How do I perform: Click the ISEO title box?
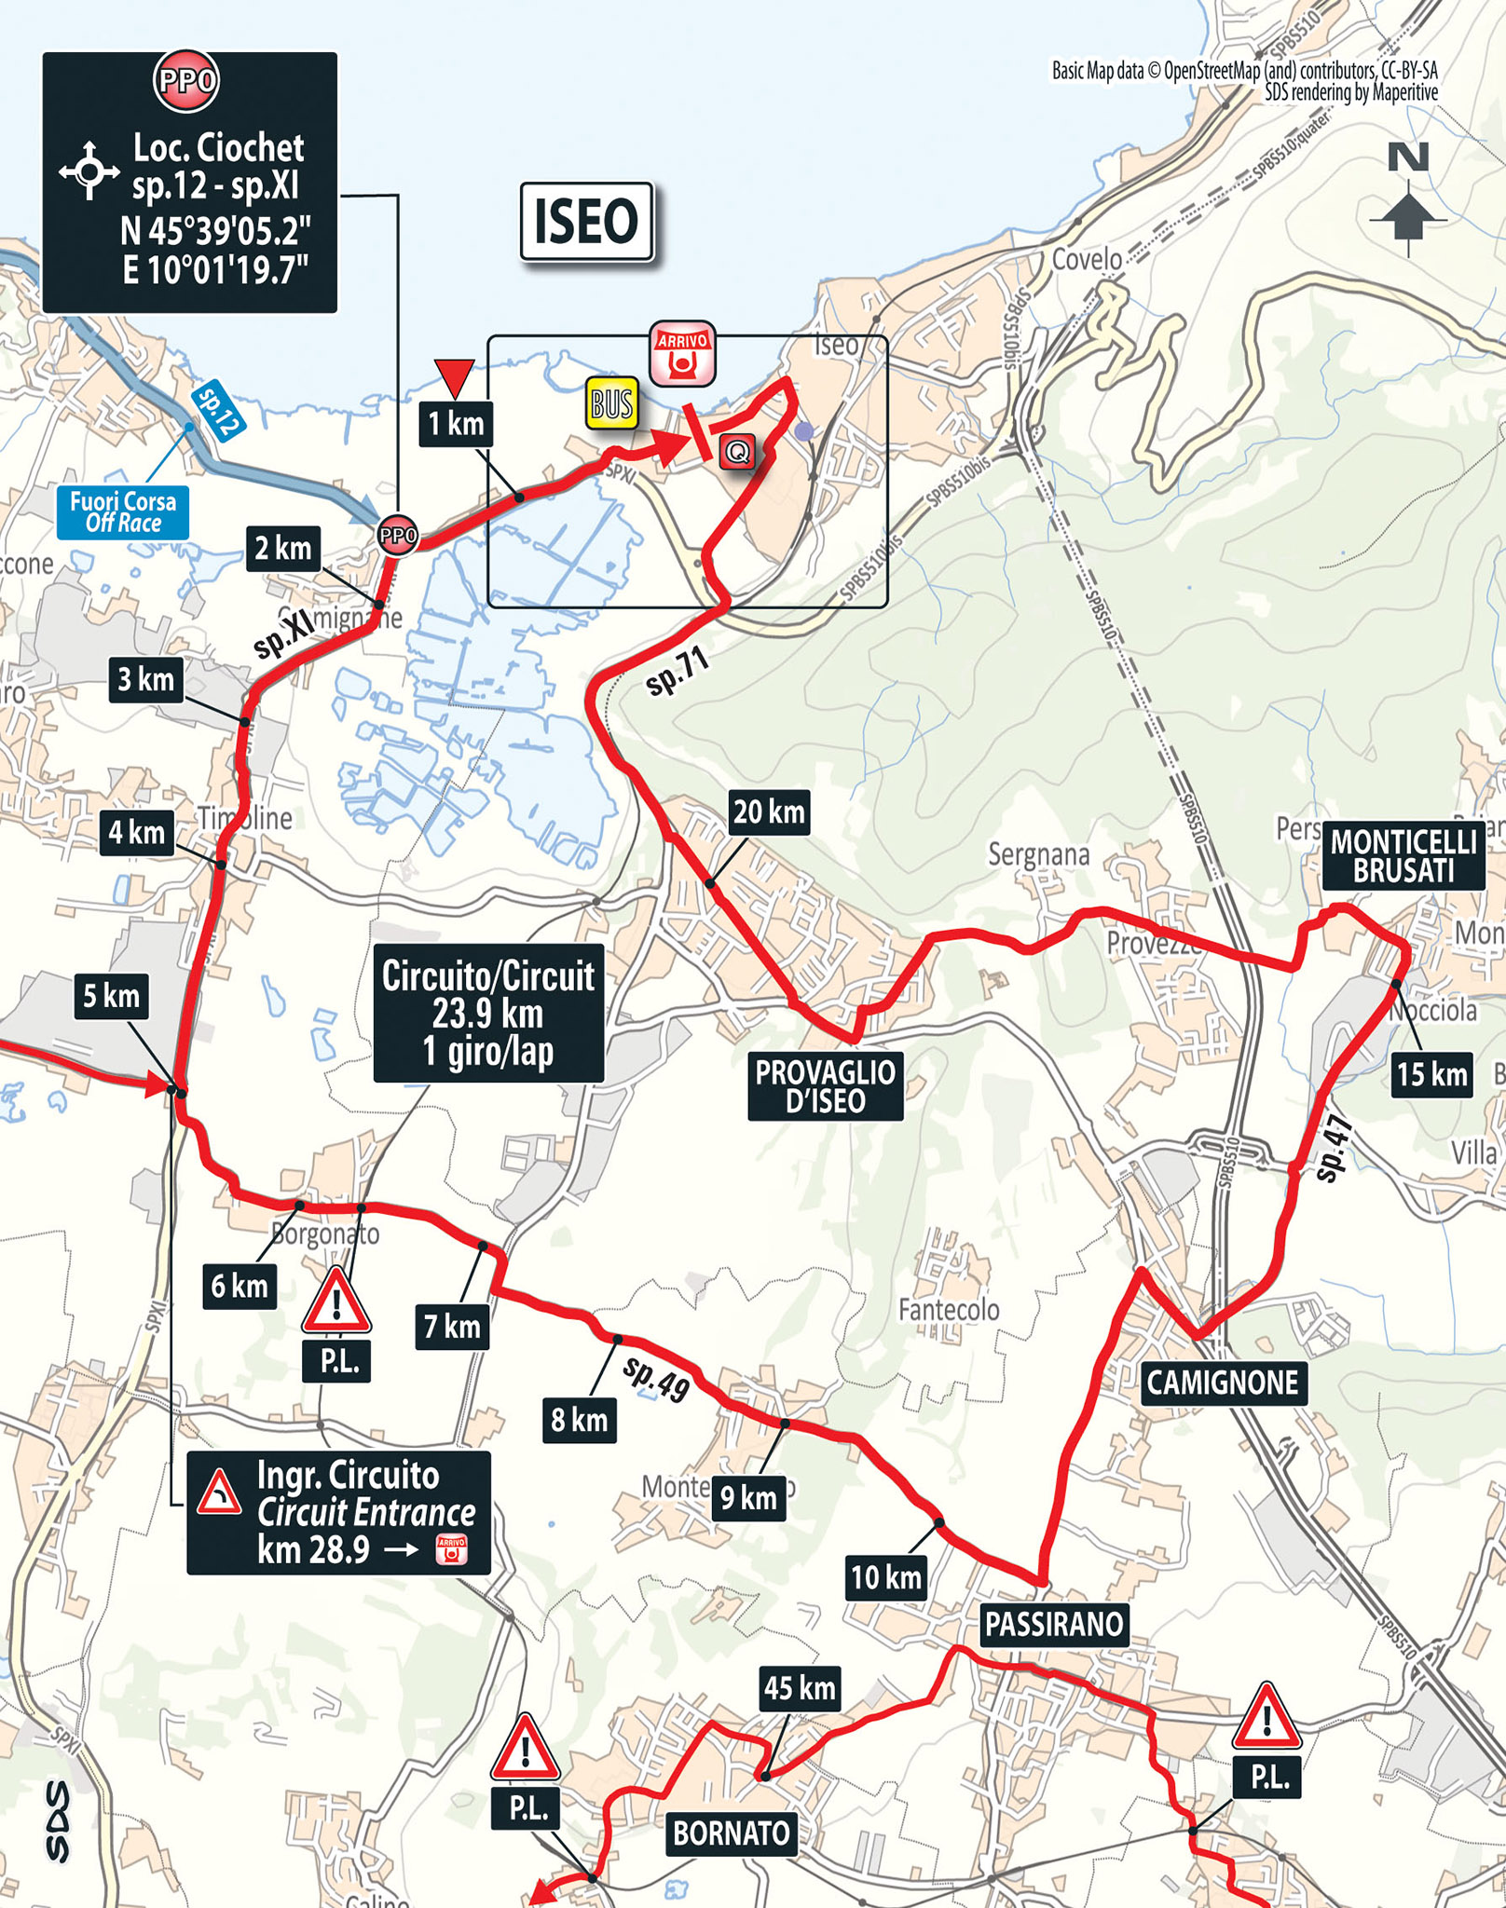click(x=586, y=222)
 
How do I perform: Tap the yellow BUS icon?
click(x=612, y=403)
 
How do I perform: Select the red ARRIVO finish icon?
click(x=682, y=353)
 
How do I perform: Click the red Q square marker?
click(x=737, y=453)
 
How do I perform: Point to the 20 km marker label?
click(x=768, y=811)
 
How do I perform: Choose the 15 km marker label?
click(x=1431, y=1074)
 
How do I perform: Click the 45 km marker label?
click(x=799, y=1687)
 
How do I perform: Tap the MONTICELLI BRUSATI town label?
click(x=1403, y=856)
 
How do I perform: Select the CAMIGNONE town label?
click(x=1222, y=1383)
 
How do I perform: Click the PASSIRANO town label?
click(x=1054, y=1624)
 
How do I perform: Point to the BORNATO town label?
click(x=731, y=1833)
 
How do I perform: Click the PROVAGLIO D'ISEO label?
click(x=825, y=1086)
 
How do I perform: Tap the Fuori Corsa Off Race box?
click(x=123, y=512)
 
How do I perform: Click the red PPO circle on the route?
click(x=398, y=536)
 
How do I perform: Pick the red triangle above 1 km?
click(x=455, y=376)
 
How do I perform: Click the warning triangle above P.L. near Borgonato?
click(x=336, y=1301)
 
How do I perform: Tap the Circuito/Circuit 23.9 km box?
click(x=487, y=1014)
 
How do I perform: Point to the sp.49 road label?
click(x=656, y=1379)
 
